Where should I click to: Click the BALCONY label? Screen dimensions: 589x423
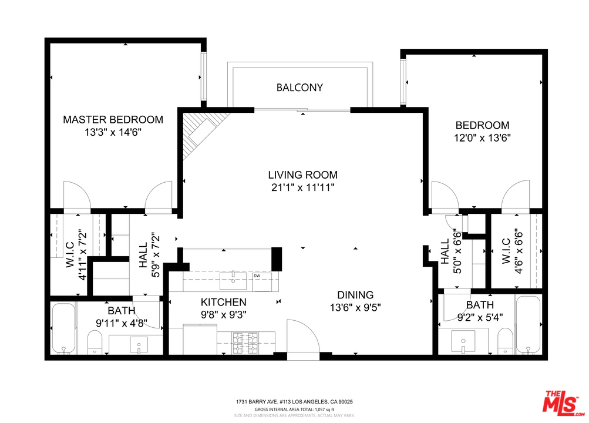(x=299, y=88)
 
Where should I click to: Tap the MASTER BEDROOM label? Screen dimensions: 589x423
(x=113, y=119)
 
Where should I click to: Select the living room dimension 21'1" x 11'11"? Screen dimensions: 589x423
(x=303, y=187)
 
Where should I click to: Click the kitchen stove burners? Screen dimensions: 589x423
(x=245, y=343)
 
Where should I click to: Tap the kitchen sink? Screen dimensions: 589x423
(x=233, y=281)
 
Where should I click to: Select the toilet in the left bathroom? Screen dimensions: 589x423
(x=95, y=343)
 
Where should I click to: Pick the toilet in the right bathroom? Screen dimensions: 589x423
(x=505, y=341)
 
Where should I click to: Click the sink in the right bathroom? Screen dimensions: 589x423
(x=463, y=342)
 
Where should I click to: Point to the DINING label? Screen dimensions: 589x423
(x=355, y=295)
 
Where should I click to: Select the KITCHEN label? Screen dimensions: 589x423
(x=224, y=302)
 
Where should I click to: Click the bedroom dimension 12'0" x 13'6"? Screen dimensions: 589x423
(x=482, y=138)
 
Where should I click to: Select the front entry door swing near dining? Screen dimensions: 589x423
(x=303, y=336)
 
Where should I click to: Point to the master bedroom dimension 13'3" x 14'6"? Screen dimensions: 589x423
(x=113, y=132)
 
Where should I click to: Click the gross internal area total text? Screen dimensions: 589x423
(x=295, y=409)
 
